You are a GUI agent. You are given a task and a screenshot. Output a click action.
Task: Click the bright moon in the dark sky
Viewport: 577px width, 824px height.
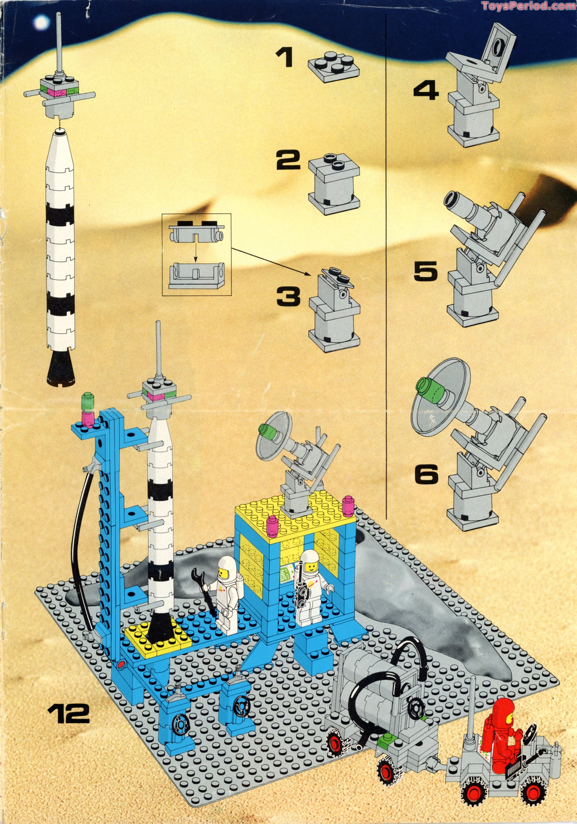pyautogui.click(x=41, y=23)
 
